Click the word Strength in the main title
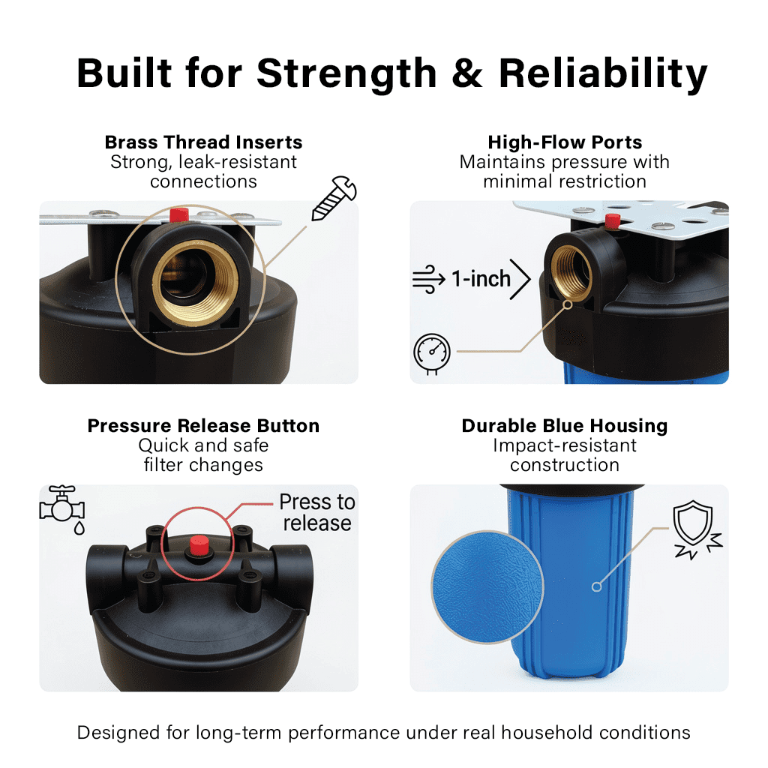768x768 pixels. tap(346, 74)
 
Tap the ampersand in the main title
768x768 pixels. tap(466, 73)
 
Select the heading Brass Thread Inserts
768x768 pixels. tap(203, 142)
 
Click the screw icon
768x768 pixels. tap(334, 198)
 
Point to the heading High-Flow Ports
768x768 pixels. tap(565, 142)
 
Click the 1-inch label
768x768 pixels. tap(481, 279)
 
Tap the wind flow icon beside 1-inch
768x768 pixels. tap(428, 279)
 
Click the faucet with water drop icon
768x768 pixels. tap(62, 510)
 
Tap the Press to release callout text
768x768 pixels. tap(317, 512)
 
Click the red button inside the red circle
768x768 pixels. tap(199, 546)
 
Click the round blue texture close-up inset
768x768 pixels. tap(487, 586)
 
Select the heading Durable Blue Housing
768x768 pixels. tap(565, 426)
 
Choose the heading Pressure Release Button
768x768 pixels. tap(203, 426)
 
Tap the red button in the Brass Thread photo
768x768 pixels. tap(178, 214)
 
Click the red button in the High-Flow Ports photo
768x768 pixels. tap(612, 221)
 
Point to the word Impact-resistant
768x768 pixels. tap(565, 445)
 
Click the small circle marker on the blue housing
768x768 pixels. tap(596, 586)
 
